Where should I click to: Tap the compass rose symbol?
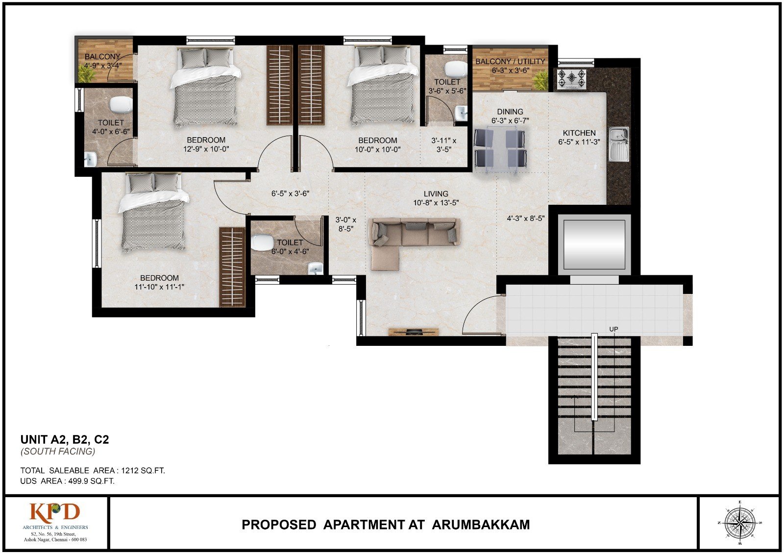(x=739, y=523)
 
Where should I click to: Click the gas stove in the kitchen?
(x=571, y=79)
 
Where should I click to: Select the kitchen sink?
(x=619, y=144)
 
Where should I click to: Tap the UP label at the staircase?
(x=613, y=329)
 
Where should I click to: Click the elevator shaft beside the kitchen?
(x=594, y=244)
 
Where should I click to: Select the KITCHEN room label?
(x=579, y=133)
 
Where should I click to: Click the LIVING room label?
(x=436, y=193)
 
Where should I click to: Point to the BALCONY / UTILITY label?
(x=510, y=61)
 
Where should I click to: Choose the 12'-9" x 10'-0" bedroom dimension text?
(x=206, y=149)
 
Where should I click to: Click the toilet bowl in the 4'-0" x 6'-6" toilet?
(x=121, y=104)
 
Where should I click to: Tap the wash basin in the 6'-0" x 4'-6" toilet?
(x=316, y=269)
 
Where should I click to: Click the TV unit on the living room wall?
(x=414, y=332)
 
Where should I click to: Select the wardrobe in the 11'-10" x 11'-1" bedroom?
(x=232, y=267)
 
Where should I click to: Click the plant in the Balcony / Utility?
(x=541, y=81)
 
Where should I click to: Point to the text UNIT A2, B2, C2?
(x=65, y=439)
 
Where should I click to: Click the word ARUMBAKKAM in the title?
(x=481, y=525)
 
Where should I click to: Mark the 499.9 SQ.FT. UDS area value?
(x=91, y=481)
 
